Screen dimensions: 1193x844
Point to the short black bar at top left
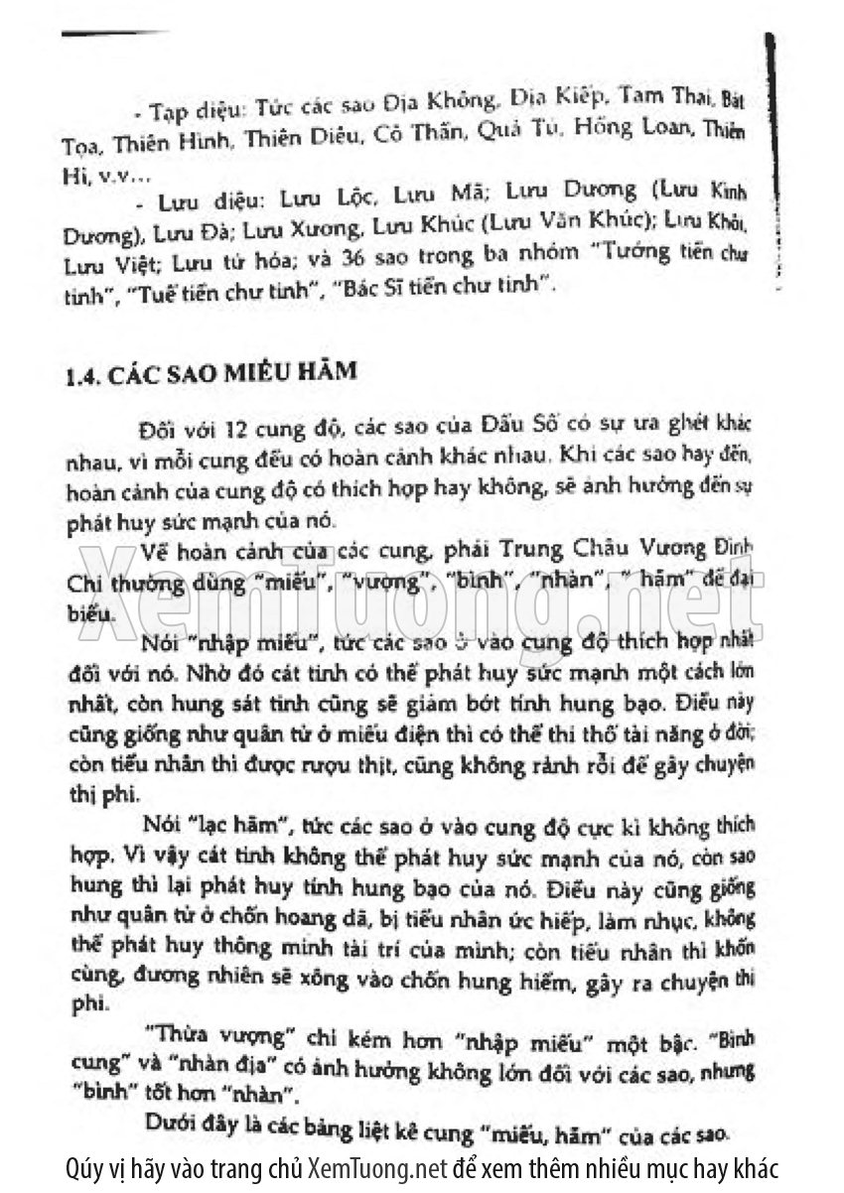pos(115,34)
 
